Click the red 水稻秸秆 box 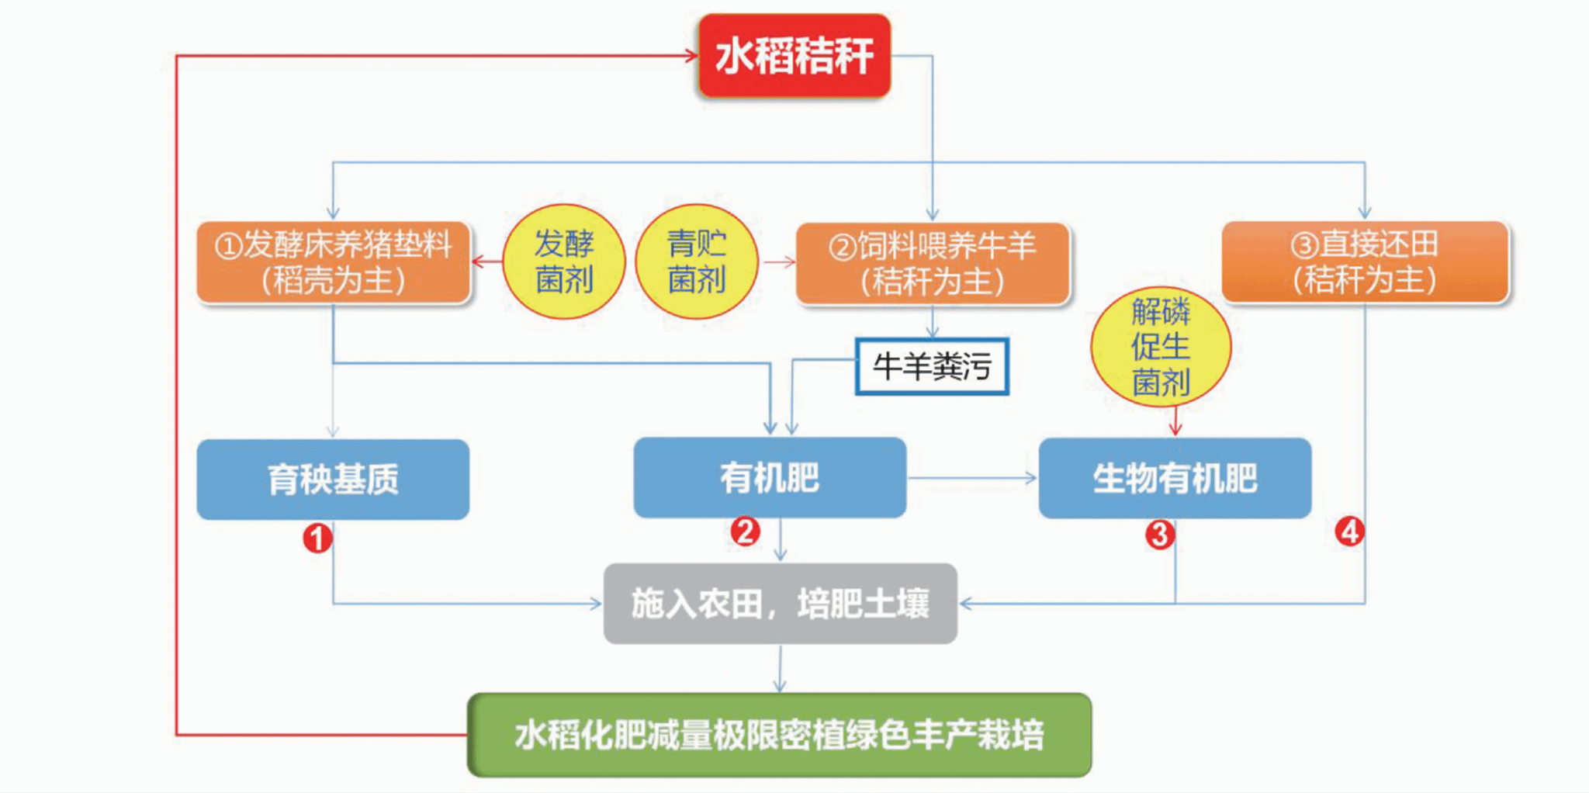794,56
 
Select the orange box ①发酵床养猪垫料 333,262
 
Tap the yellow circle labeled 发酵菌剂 564,261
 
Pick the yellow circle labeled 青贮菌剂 696,261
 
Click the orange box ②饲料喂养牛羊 932,263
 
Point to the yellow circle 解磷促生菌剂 1160,346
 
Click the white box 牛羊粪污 932,366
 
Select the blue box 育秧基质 333,479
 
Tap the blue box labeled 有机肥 769,477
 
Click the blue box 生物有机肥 1175,477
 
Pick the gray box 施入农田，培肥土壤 780,603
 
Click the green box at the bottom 779,734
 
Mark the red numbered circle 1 317,537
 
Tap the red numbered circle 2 745,532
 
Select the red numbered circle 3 1159,534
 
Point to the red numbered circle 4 1349,532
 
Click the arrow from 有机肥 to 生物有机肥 972,478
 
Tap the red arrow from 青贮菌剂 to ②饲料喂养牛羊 779,262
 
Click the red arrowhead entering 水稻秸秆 691,55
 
